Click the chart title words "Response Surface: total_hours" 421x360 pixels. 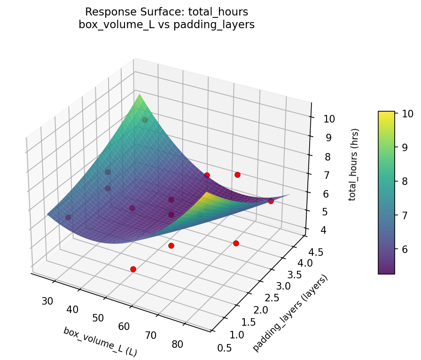click(x=166, y=12)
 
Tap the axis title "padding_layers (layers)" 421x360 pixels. click(x=290, y=313)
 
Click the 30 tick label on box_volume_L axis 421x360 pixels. click(x=47, y=301)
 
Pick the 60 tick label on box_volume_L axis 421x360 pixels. click(x=125, y=326)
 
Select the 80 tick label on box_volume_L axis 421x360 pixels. click(x=177, y=344)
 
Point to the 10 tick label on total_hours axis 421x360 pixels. click(x=329, y=119)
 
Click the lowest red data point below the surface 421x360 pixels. click(x=133, y=269)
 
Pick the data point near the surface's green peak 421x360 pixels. click(x=145, y=120)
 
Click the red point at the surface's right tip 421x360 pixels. click(x=271, y=201)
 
